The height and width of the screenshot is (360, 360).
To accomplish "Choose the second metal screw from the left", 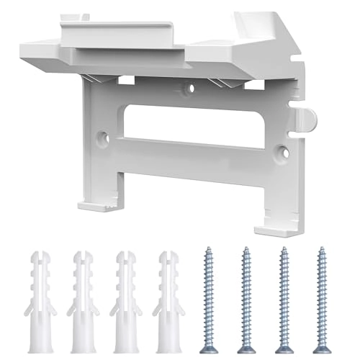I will (x=245, y=288).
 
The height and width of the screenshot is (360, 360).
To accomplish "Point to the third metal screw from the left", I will (x=283, y=288).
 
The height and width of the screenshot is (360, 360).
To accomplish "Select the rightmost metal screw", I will (x=320, y=288).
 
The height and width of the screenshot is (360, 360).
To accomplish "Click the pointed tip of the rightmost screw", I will (x=320, y=333).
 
